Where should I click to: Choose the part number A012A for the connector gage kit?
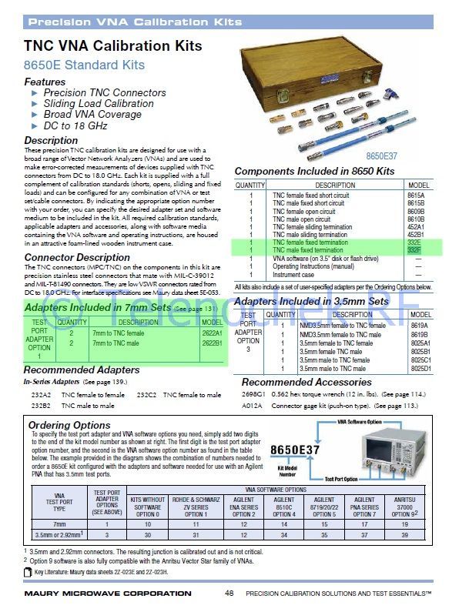[x=252, y=404]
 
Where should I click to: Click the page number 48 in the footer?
[x=229, y=594]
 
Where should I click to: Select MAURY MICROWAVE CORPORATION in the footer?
[x=108, y=594]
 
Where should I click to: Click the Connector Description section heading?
[x=77, y=257]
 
